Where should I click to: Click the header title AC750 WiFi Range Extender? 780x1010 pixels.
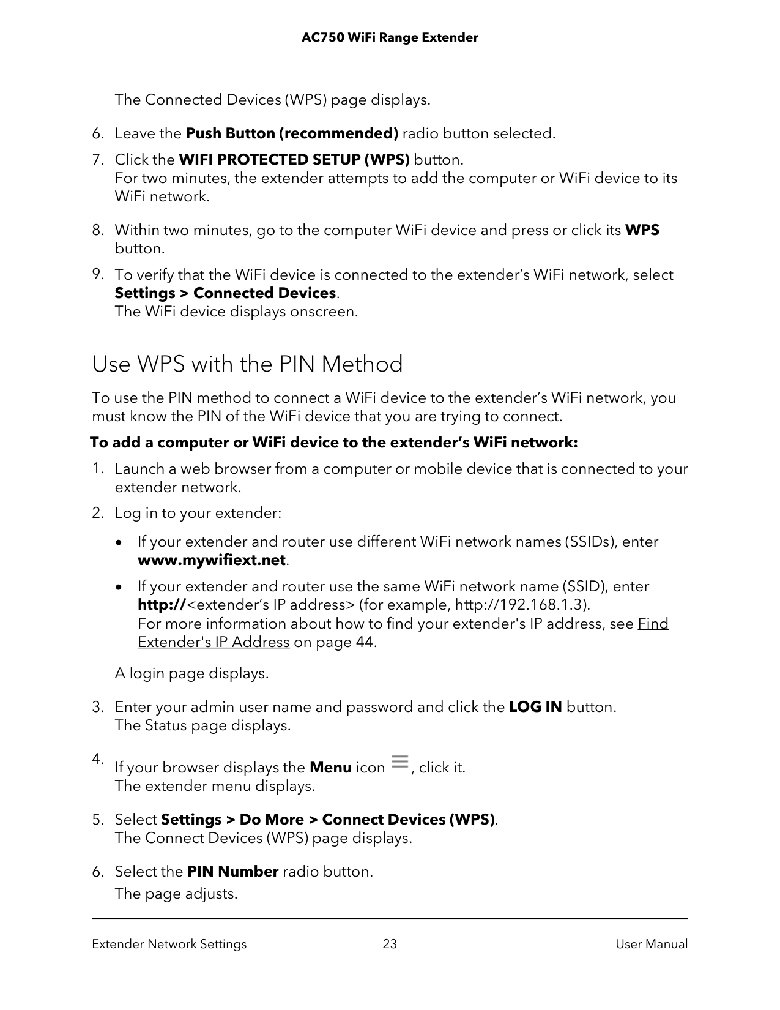(390, 38)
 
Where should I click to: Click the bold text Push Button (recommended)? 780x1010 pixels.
(292, 133)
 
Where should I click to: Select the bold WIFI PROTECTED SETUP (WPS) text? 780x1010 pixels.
(294, 160)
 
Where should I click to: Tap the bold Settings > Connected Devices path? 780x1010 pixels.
(225, 293)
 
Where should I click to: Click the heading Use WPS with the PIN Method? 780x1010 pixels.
(247, 364)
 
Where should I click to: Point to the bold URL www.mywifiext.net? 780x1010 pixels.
(212, 560)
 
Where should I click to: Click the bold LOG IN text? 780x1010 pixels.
(535, 707)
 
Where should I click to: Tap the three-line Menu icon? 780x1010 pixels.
(399, 763)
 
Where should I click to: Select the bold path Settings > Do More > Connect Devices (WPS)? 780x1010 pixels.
(328, 820)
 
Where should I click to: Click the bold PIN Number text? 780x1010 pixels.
(232, 872)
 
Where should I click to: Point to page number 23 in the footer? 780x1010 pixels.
(390, 944)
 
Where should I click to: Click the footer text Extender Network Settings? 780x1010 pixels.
(169, 944)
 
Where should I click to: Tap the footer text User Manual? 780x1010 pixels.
(652, 944)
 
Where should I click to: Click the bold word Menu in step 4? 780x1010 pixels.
(330, 768)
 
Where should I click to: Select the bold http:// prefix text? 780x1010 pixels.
(162, 605)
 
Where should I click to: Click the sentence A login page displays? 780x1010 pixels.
(191, 673)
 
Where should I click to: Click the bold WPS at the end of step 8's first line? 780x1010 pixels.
(642, 230)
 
